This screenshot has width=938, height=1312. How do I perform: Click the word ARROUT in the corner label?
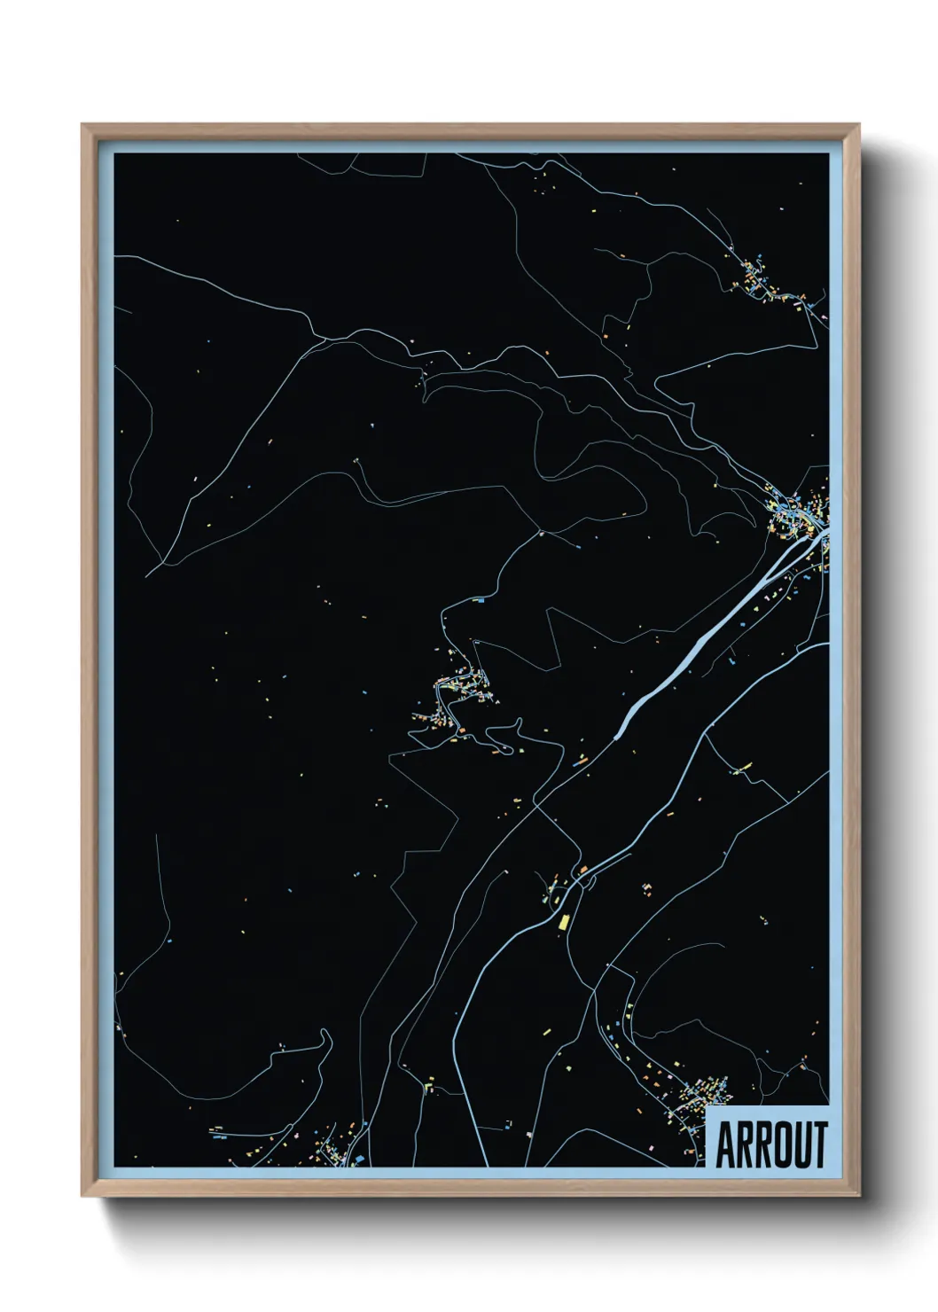(770, 1144)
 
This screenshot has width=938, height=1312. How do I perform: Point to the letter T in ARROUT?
(819, 1144)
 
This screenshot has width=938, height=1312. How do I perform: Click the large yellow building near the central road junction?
(562, 922)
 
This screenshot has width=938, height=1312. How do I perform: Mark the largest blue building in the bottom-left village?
(360, 1158)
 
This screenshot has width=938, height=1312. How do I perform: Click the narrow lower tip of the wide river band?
(616, 735)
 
